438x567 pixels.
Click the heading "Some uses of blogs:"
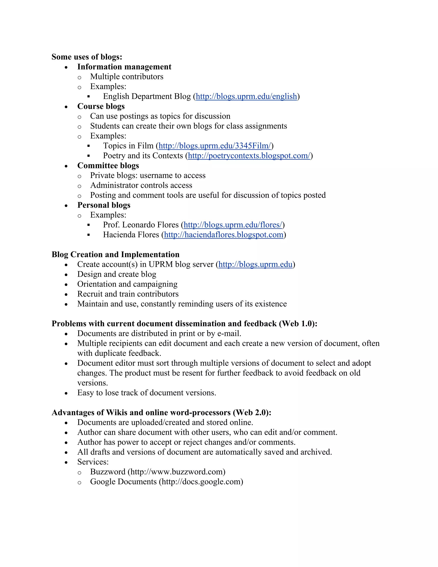pos(87,57)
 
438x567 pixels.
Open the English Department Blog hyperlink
pos(246,96)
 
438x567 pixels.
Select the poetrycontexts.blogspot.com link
pos(249,156)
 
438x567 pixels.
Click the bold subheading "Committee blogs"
pos(108,166)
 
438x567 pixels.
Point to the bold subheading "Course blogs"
pos(101,106)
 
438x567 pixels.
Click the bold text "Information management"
pos(124,67)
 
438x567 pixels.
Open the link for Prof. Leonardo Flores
pos(233,225)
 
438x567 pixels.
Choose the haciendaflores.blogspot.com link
pos(223,235)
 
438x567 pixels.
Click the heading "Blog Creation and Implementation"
pos(115,254)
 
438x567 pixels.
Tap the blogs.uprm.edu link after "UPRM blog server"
pos(255,264)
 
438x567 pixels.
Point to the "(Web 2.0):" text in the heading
pos(252,413)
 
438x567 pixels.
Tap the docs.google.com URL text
pos(201,482)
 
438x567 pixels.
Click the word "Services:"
pos(93,462)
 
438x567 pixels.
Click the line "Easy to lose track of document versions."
pos(146,393)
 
